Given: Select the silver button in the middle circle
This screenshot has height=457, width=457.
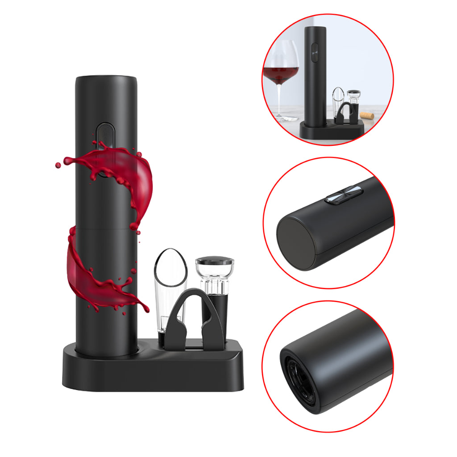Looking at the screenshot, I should tap(344, 195).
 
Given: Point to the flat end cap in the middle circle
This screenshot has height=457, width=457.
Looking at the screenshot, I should tap(295, 244).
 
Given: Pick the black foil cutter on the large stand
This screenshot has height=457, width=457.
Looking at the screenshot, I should tap(192, 317).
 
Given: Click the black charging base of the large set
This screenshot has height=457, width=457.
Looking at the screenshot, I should tap(152, 370).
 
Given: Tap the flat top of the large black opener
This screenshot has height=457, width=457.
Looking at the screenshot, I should tap(106, 80).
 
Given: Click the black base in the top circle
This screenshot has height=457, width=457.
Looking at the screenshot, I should tap(330, 130).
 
